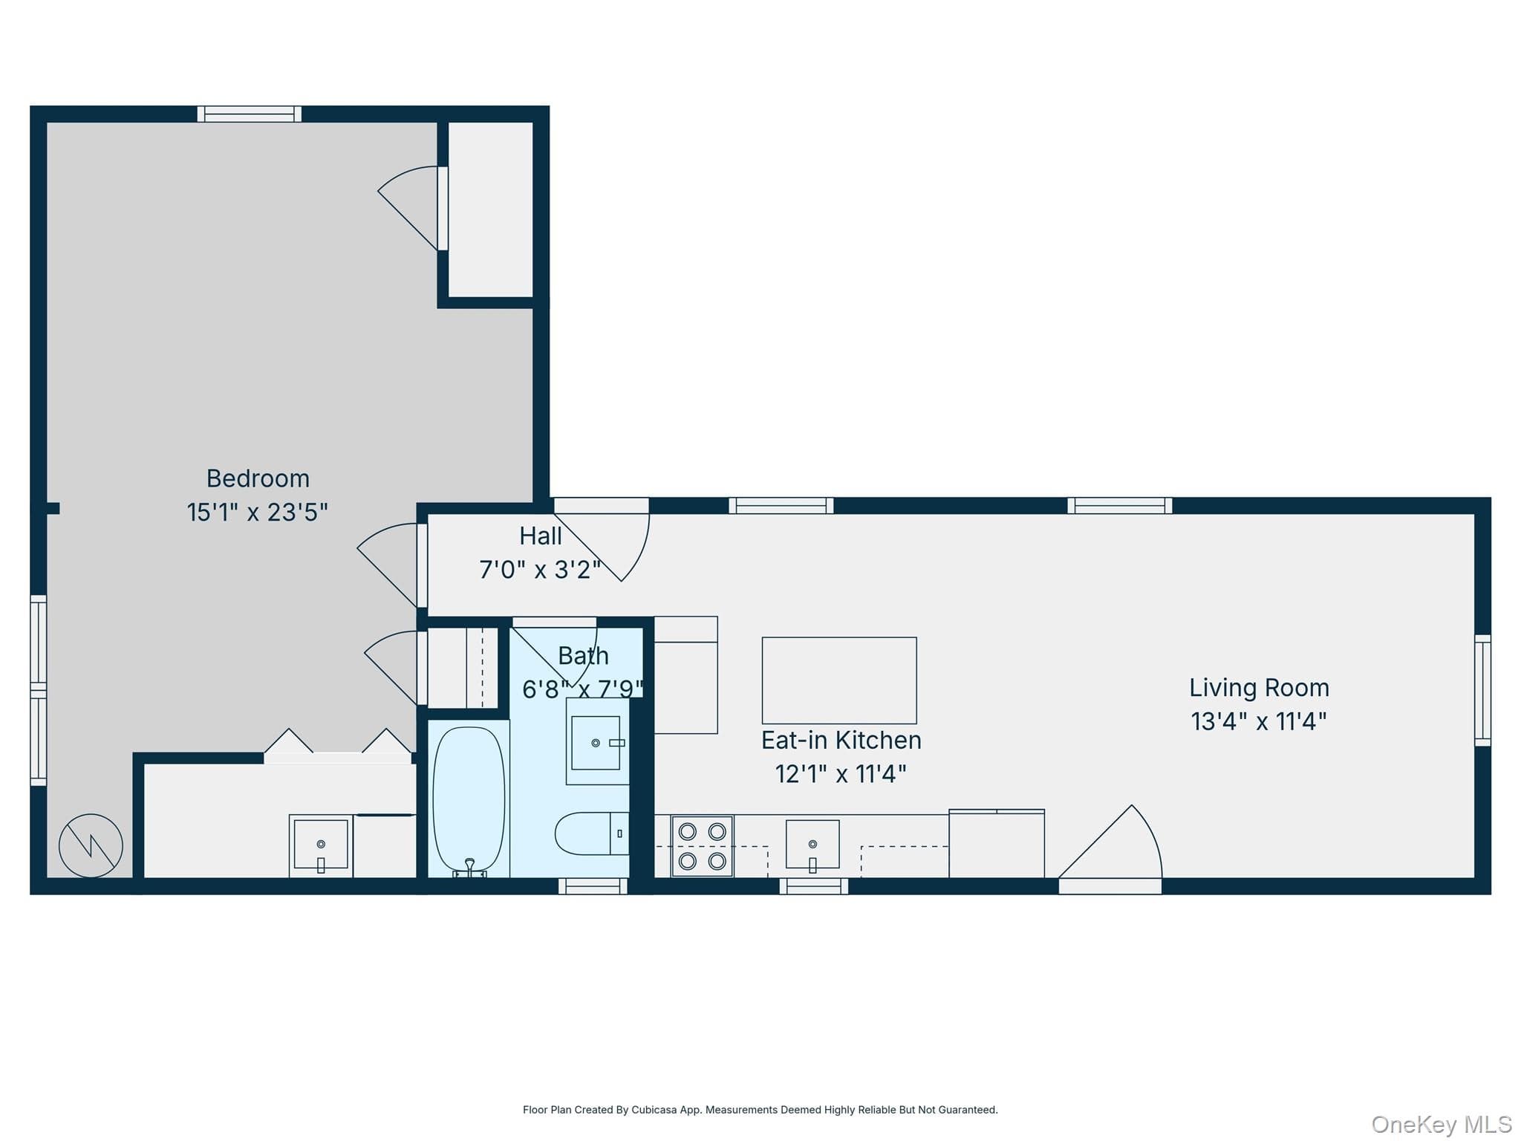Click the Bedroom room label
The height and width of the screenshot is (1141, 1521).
coord(258,478)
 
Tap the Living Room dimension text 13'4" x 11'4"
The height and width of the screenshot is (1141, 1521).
coord(1259,721)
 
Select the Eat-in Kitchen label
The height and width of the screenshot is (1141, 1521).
coord(841,740)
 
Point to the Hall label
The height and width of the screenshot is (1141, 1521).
coord(540,536)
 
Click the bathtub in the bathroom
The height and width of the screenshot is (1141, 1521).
coord(469,799)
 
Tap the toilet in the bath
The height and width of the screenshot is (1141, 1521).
coord(592,833)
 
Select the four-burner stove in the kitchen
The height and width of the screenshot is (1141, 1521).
coord(702,846)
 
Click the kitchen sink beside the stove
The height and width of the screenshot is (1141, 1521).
coord(812,845)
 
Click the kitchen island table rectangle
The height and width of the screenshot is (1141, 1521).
coord(839,680)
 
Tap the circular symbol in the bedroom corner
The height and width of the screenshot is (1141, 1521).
coord(91,845)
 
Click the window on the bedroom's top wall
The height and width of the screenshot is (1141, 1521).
coord(250,114)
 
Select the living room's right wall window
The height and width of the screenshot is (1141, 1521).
coord(1482,690)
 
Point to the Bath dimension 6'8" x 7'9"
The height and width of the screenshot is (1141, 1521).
coord(583,689)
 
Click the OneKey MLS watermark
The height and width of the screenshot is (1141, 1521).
coord(1442,1125)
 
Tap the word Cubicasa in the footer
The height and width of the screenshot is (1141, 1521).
coord(654,1110)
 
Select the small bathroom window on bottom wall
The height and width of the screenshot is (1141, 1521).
coord(593,886)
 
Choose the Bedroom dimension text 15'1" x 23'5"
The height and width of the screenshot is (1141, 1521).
coord(257,513)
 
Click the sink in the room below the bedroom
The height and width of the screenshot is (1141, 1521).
coord(321,845)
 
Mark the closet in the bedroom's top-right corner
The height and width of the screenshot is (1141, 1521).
coord(491,209)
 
